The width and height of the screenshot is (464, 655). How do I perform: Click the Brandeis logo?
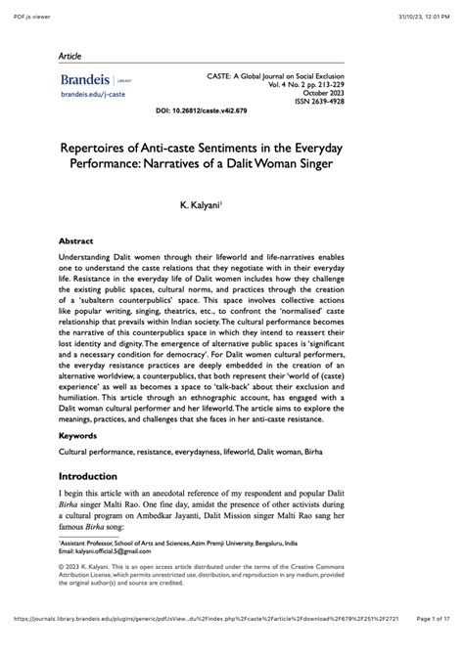tap(82, 80)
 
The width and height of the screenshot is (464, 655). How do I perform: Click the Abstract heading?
tap(76, 240)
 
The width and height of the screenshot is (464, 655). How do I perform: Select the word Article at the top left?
tap(70, 56)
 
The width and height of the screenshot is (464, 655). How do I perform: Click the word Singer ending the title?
tap(337, 164)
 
